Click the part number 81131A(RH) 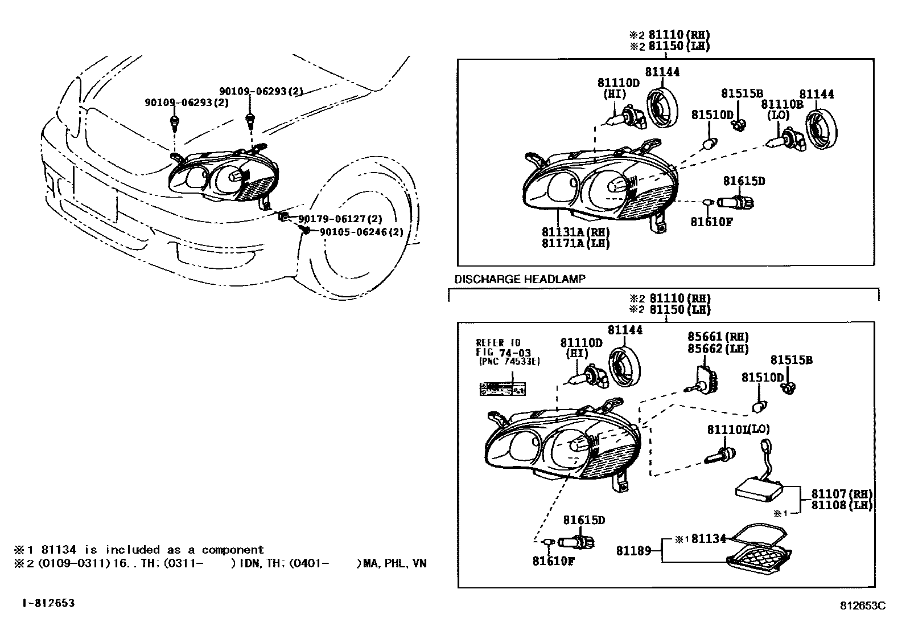pyautogui.click(x=575, y=232)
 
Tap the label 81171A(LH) pyautogui.click(x=575, y=244)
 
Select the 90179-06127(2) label pyautogui.click(x=340, y=219)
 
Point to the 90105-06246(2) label pyautogui.click(x=361, y=232)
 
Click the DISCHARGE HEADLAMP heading pyautogui.click(x=520, y=279)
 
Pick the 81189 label pyautogui.click(x=633, y=551)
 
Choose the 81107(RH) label pyautogui.click(x=842, y=494)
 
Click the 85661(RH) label pyautogui.click(x=718, y=337)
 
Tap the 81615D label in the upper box pyautogui.click(x=744, y=181)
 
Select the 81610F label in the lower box pyautogui.click(x=553, y=561)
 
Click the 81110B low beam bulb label pyautogui.click(x=782, y=104)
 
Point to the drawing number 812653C pyautogui.click(x=864, y=606)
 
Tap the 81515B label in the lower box pyautogui.click(x=791, y=360)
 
